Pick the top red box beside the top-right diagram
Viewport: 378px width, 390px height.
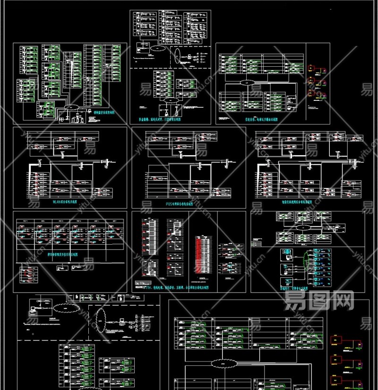(312, 70)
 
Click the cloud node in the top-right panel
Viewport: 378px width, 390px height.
(246, 83)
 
